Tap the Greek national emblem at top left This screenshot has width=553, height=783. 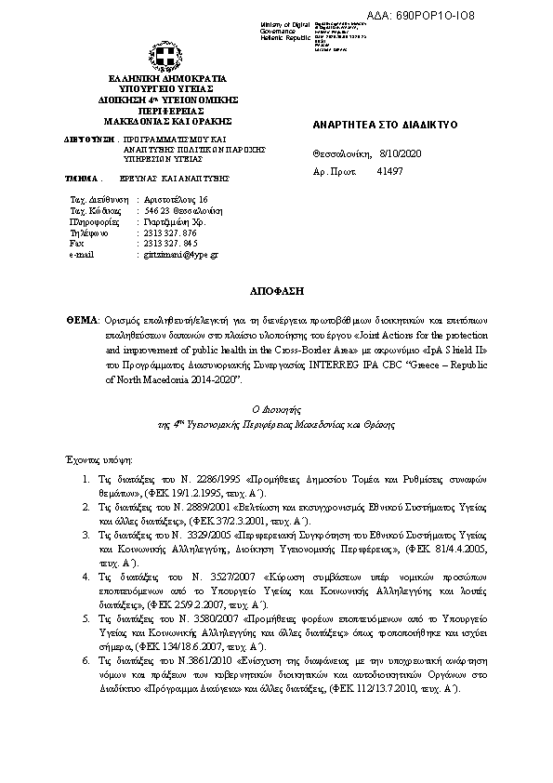[154, 54]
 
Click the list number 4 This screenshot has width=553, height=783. [86, 577]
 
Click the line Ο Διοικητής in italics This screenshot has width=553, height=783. [277, 409]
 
